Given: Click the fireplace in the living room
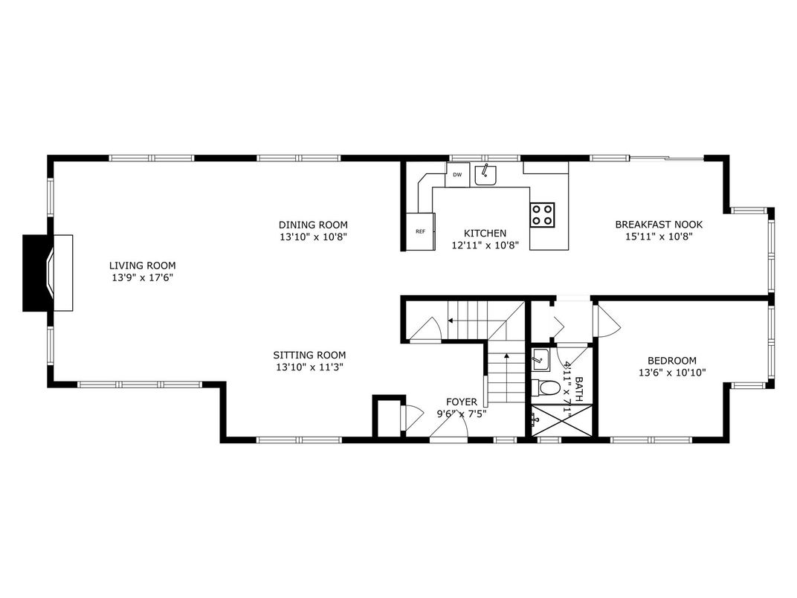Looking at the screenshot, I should (x=48, y=273).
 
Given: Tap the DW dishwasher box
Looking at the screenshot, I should (x=457, y=176).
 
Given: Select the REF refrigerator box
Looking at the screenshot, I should (x=420, y=231).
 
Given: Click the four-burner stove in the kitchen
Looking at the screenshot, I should (x=541, y=214).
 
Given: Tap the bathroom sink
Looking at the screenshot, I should (x=541, y=359).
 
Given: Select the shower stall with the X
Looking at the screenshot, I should (x=562, y=419).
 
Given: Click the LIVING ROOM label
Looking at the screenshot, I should (x=143, y=266).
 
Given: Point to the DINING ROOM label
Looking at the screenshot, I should (x=313, y=225).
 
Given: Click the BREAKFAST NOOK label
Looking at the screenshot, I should (x=658, y=225).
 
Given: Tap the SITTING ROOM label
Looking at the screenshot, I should (x=309, y=356).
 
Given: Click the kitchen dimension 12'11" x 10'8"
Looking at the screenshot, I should (x=485, y=245).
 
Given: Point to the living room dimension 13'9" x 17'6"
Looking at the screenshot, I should (x=143, y=278).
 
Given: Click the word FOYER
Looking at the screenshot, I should (x=461, y=402).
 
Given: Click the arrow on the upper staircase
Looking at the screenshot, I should (x=451, y=321).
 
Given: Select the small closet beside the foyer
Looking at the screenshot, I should (x=386, y=417).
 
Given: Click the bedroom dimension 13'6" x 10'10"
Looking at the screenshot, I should (x=671, y=373).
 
